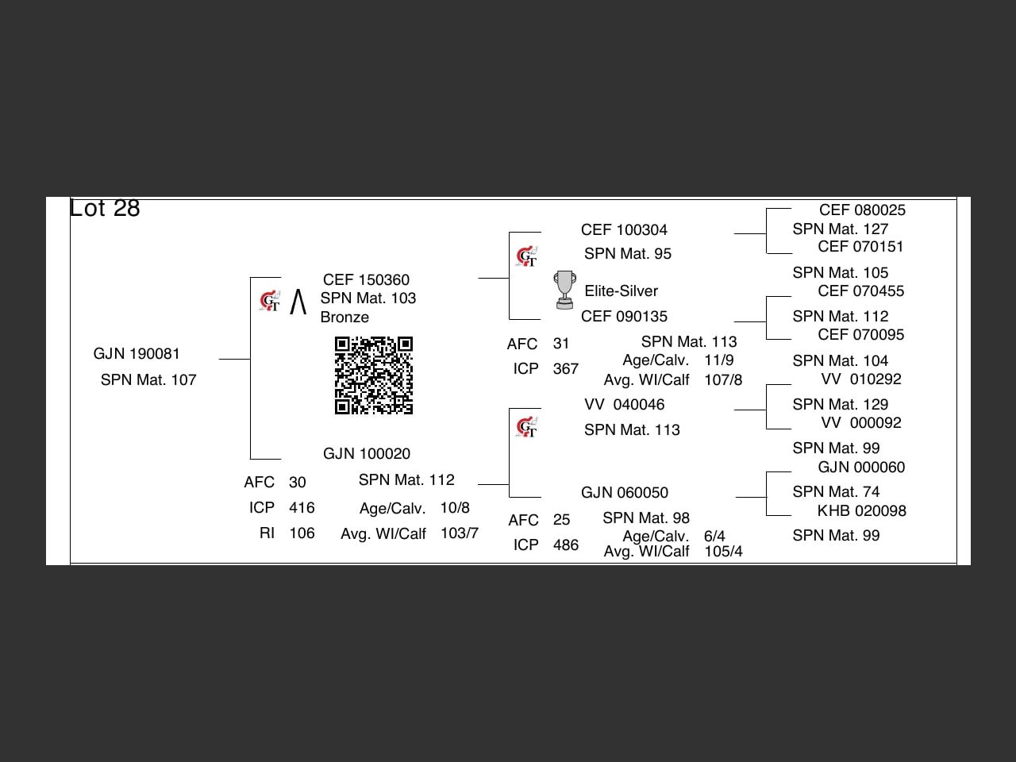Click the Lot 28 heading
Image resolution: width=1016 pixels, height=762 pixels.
105,208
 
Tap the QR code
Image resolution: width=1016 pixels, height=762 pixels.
374,375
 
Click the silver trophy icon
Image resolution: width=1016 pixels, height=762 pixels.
564,290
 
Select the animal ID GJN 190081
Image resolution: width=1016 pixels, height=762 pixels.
137,354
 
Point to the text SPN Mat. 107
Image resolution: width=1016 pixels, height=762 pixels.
148,380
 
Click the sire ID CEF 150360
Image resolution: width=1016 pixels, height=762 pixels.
366,280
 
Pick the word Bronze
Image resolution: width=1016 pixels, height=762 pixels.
344,317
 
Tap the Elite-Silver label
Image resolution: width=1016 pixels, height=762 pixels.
621,291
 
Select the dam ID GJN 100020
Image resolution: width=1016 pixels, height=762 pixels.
367,454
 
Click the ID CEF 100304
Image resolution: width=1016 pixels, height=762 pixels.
624,230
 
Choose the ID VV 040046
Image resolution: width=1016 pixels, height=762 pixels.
624,405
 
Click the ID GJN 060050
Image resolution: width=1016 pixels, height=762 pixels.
624,493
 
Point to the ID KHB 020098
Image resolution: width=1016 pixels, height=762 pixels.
861,511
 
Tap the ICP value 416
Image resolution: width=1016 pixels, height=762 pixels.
302,508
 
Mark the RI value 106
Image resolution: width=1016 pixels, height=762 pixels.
302,533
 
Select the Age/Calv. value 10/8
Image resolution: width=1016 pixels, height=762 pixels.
455,508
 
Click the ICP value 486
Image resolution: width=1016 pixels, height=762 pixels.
565,545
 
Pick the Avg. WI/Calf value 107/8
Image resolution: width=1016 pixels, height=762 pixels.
723,380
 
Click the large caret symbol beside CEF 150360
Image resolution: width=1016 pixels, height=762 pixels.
298,302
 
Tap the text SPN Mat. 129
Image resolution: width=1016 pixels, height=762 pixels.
840,405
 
